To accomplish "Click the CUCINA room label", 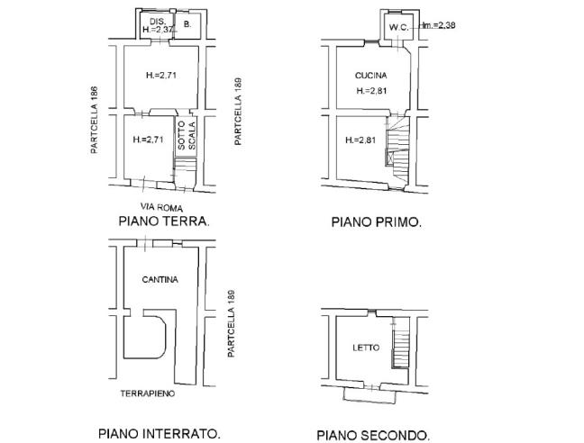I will pyautogui.click(x=371, y=77).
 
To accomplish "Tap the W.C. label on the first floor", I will pyautogui.click(x=398, y=28).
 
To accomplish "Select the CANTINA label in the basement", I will pyautogui.click(x=160, y=280).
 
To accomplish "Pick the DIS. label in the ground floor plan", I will pyautogui.click(x=156, y=21).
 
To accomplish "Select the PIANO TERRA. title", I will pyautogui.click(x=164, y=221).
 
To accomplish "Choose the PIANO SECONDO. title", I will pyautogui.click(x=373, y=435).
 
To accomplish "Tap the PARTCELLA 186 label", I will pyautogui.click(x=93, y=120).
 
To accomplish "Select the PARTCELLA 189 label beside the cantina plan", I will pyautogui.click(x=232, y=324).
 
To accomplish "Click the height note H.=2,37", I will pyautogui.click(x=158, y=30).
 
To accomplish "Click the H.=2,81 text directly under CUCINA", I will pyautogui.click(x=371, y=91).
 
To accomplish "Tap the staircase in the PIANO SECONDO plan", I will pyautogui.click(x=399, y=349).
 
